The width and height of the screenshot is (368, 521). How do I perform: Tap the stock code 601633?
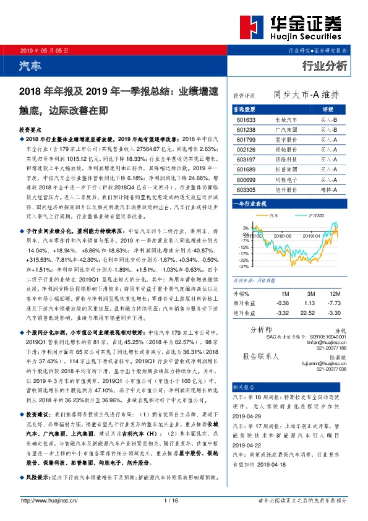coord(246,119)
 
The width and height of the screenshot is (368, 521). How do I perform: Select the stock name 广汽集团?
coord(286,130)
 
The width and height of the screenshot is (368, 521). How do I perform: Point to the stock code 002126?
coord(246,150)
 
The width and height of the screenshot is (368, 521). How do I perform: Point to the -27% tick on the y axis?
coord(244,266)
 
